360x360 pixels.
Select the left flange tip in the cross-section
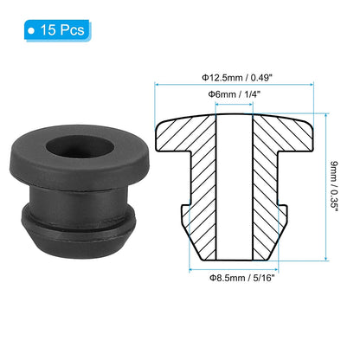click(162, 136)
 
